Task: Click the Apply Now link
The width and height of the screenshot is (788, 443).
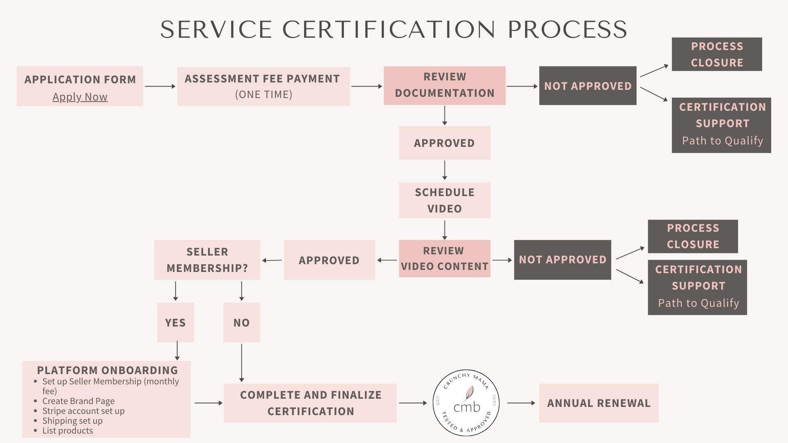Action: click(x=80, y=97)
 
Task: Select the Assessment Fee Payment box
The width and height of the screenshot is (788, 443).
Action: click(x=263, y=87)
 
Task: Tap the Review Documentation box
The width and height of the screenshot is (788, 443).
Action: click(x=444, y=86)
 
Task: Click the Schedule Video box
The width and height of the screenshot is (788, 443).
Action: click(x=444, y=200)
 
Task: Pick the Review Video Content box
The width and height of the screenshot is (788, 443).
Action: click(x=444, y=258)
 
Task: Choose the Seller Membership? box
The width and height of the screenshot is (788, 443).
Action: click(x=207, y=260)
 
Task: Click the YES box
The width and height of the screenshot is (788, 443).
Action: click(x=175, y=322)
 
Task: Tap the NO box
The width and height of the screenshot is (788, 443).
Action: click(x=241, y=322)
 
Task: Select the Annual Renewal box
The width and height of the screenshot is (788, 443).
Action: click(x=599, y=403)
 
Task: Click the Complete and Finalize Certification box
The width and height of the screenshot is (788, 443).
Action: click(x=310, y=403)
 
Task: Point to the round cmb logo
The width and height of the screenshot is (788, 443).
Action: click(x=466, y=402)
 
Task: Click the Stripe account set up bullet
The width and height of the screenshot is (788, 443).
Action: click(x=83, y=411)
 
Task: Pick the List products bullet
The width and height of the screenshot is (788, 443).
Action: click(x=67, y=430)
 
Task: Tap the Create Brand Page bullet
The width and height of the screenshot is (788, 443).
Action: click(x=78, y=401)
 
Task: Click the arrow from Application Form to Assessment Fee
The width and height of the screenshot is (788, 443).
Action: click(x=160, y=86)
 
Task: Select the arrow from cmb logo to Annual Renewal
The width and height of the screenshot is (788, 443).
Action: click(x=521, y=403)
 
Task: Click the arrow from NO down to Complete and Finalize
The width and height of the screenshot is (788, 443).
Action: click(x=241, y=363)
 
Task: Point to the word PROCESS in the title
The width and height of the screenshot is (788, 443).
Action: click(x=568, y=29)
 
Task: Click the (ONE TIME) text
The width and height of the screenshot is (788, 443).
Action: click(x=263, y=95)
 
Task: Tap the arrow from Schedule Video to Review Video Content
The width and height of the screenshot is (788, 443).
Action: click(x=444, y=230)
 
